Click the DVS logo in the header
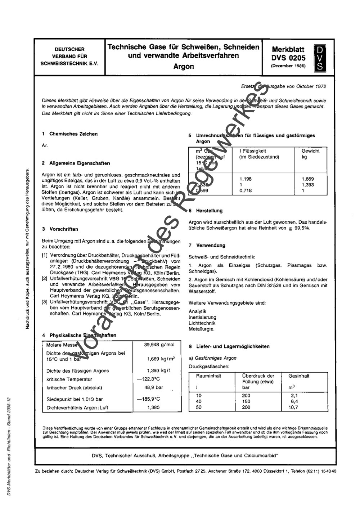click(319, 58)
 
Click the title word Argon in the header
click(184, 67)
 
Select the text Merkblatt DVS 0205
click(288, 54)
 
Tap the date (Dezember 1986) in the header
click(288, 66)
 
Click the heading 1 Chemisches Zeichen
click(70, 134)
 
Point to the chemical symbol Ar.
click(45, 146)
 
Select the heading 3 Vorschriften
click(60, 229)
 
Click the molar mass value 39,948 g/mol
click(159, 345)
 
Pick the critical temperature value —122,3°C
click(148, 379)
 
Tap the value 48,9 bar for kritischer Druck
click(154, 388)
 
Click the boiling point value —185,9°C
click(148, 399)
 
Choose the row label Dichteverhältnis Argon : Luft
click(77, 408)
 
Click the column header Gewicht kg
click(310, 154)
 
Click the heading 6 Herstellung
click(206, 211)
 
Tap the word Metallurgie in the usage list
click(202, 329)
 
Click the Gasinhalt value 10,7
click(293, 407)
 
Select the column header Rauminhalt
click(208, 376)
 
